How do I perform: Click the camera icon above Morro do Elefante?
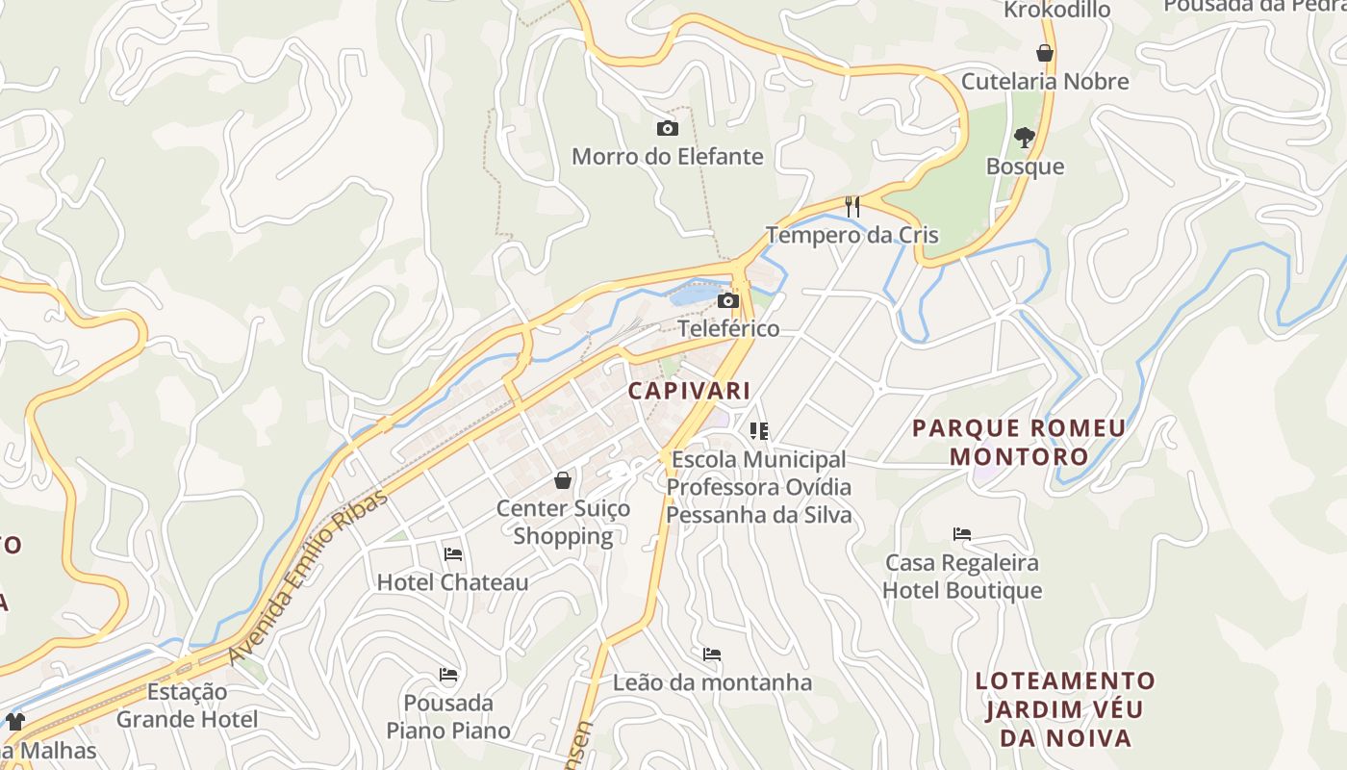pos(667,128)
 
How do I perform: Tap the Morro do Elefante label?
pos(667,156)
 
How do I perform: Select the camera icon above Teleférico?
pos(728,301)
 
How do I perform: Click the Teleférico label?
pos(728,328)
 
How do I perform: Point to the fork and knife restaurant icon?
pos(851,206)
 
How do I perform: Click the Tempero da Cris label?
pos(851,235)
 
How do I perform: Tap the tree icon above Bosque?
pos(1025,138)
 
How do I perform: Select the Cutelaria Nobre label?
pos(1045,82)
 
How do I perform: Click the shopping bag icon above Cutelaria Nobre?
pos(1045,53)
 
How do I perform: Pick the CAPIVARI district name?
pos(689,391)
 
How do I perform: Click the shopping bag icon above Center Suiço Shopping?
pos(563,479)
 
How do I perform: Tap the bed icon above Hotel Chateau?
pos(453,553)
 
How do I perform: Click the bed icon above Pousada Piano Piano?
pos(448,674)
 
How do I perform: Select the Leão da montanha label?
pos(713,682)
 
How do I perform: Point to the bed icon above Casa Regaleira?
pos(962,533)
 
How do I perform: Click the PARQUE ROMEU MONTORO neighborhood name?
pos(1019,442)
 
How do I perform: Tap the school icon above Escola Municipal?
pos(759,431)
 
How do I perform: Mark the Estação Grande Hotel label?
pos(187,706)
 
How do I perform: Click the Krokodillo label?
pos(1056,10)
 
